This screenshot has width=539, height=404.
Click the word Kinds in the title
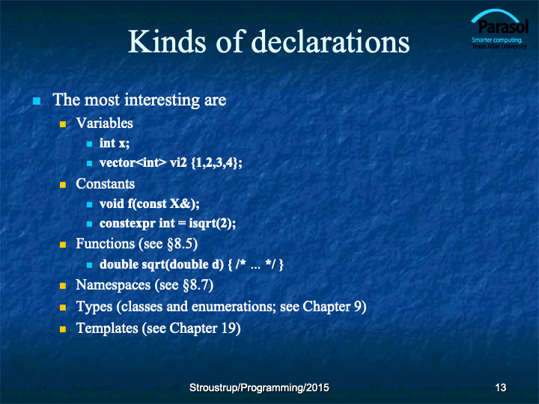click(167, 41)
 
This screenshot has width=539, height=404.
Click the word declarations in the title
click(331, 41)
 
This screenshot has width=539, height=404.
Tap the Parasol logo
click(499, 29)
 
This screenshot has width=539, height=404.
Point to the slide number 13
click(501, 388)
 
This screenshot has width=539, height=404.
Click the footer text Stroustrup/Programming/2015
click(259, 388)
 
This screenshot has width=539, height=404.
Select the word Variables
click(105, 123)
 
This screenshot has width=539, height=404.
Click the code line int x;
click(115, 143)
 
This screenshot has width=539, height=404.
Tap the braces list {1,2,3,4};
click(216, 162)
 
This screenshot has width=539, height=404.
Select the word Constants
click(106, 184)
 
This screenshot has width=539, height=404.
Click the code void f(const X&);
click(150, 203)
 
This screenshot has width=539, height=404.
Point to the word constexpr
click(127, 224)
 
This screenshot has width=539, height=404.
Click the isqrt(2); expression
click(212, 224)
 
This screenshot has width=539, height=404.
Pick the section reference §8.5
click(182, 244)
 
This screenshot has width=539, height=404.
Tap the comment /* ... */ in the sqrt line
click(256, 264)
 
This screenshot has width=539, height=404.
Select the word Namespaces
click(113, 285)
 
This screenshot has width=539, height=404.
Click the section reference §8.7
click(198, 285)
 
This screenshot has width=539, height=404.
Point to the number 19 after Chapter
click(231, 328)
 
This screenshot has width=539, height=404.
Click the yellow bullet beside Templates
click(63, 329)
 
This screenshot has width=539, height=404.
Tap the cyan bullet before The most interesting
click(37, 101)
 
